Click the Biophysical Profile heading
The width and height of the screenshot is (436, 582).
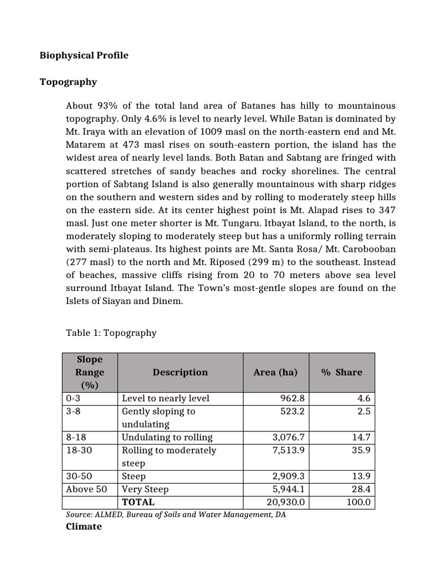pos(84,55)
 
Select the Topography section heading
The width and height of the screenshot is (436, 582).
pos(68,82)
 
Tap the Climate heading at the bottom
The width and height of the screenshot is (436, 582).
pos(84,526)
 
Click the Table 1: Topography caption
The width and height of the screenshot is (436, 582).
pos(111,332)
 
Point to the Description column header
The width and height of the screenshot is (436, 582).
pos(180,372)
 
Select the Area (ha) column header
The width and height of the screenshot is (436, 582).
pos(275,372)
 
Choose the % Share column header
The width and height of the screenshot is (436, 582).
pos(341,372)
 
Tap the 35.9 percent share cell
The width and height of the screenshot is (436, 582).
pos(360,451)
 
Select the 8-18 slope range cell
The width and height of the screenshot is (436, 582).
pos(77,437)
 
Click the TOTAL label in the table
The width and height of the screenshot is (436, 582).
pos(138,502)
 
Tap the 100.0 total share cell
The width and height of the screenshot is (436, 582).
pos(358,502)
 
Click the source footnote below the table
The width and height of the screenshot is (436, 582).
pos(176,514)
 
